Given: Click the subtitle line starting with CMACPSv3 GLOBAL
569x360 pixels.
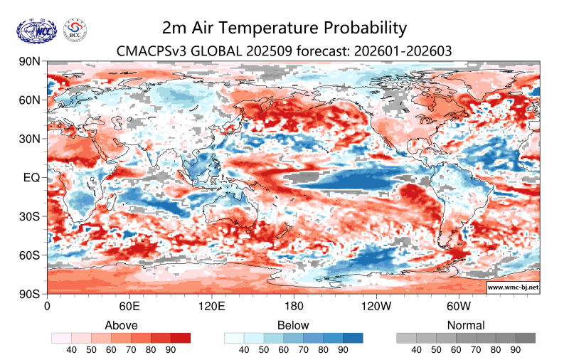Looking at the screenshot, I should (284, 51).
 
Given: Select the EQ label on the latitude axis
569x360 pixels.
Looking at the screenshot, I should (31, 177).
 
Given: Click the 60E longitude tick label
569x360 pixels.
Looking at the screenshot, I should (129, 307).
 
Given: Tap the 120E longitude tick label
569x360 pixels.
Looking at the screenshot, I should (211, 307).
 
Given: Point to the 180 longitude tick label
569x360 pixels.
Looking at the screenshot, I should (294, 307).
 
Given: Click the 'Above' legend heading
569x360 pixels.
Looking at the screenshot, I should (121, 325).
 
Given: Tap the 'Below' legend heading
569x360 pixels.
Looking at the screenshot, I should (293, 325).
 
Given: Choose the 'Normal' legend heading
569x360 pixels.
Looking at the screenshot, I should (466, 325).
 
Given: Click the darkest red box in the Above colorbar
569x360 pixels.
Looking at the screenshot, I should (181, 338).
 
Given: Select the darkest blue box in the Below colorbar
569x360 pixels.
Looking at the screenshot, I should (353, 338).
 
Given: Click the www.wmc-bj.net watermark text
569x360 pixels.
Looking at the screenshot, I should (512, 287).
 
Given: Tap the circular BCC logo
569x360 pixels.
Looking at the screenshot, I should (75, 30).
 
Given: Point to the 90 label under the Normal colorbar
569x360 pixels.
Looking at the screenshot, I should (516, 350).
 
